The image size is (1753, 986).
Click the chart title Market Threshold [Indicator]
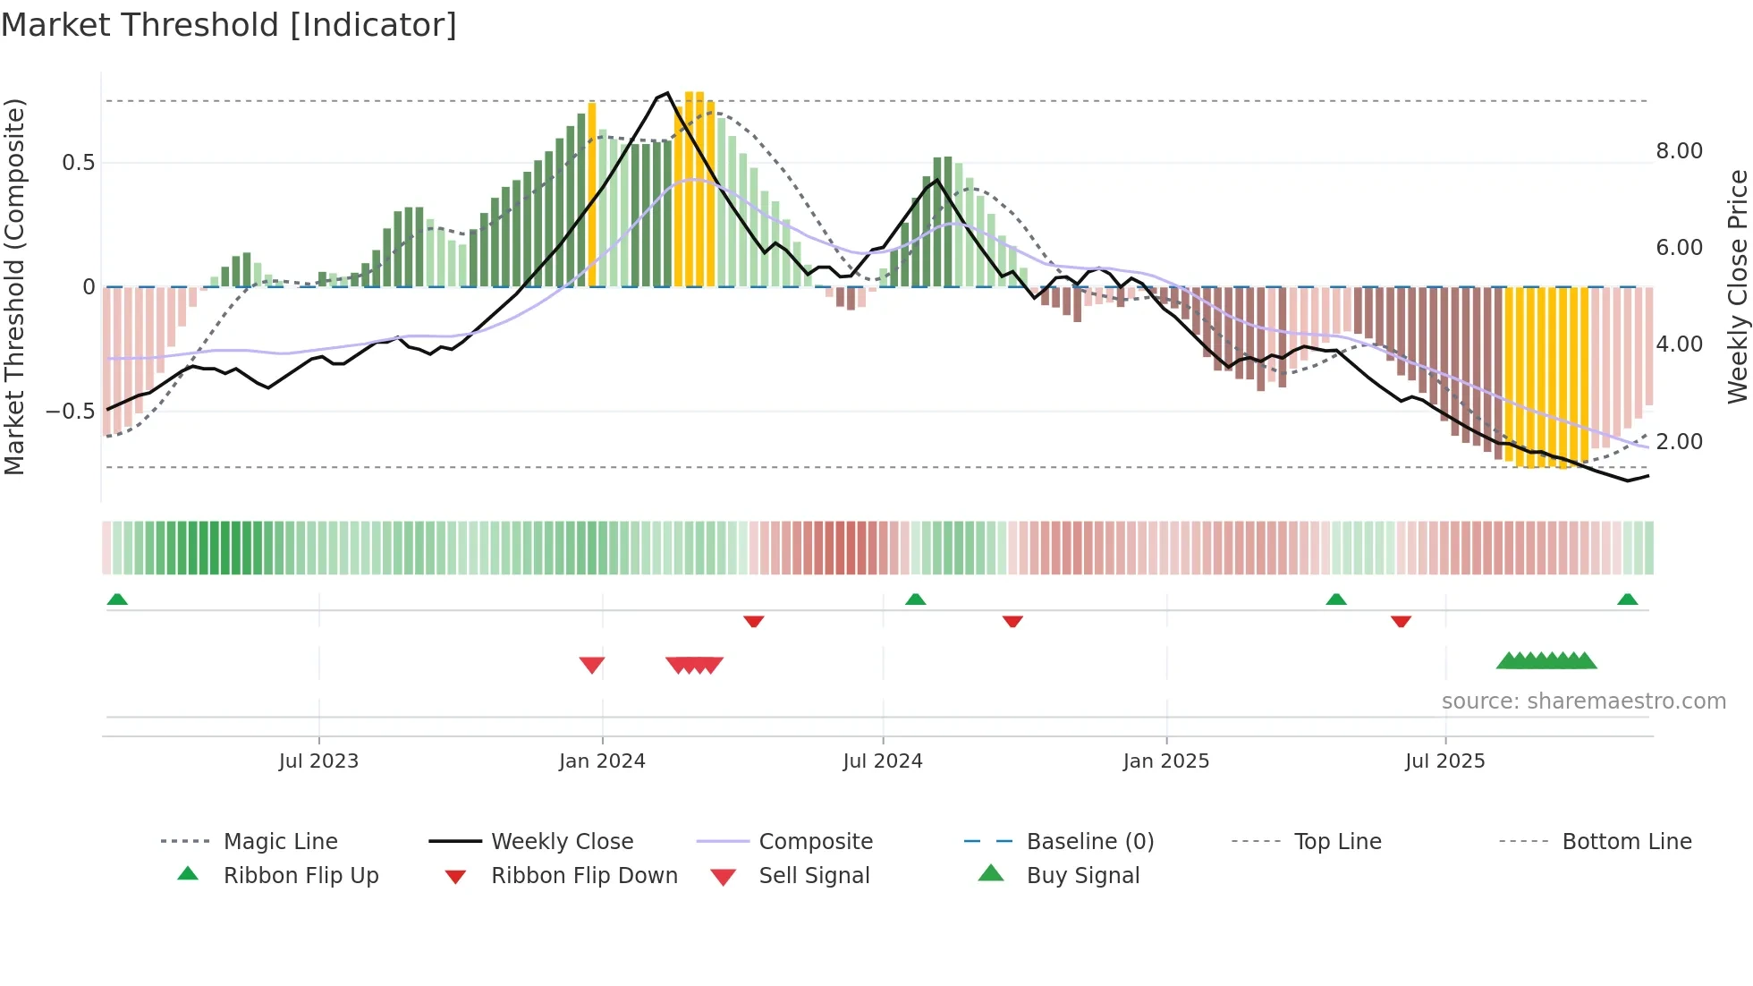[229, 25]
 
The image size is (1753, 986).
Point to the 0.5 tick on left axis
[78, 163]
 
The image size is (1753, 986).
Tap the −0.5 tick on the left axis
[71, 412]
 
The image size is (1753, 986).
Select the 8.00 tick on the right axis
[1679, 151]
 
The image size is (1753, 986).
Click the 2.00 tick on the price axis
[1679, 442]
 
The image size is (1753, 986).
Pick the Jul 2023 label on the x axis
[318, 761]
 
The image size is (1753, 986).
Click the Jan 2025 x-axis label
[1165, 761]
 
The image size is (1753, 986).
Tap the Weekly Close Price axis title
[1737, 286]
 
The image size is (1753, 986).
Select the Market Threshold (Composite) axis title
[14, 286]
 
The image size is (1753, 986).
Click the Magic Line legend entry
[280, 842]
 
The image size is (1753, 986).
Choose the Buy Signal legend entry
[1082, 876]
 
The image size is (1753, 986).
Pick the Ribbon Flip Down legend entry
[584, 876]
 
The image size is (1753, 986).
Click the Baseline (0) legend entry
[1089, 842]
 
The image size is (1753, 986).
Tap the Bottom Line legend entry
[1626, 842]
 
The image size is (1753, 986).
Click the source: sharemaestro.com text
[1583, 701]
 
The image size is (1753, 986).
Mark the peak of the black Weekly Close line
[667, 93]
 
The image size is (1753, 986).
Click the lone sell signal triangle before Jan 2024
[592, 665]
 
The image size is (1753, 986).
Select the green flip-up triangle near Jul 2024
[915, 599]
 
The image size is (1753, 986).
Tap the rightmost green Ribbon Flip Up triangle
[1627, 599]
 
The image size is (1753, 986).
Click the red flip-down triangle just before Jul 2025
[1401, 621]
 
